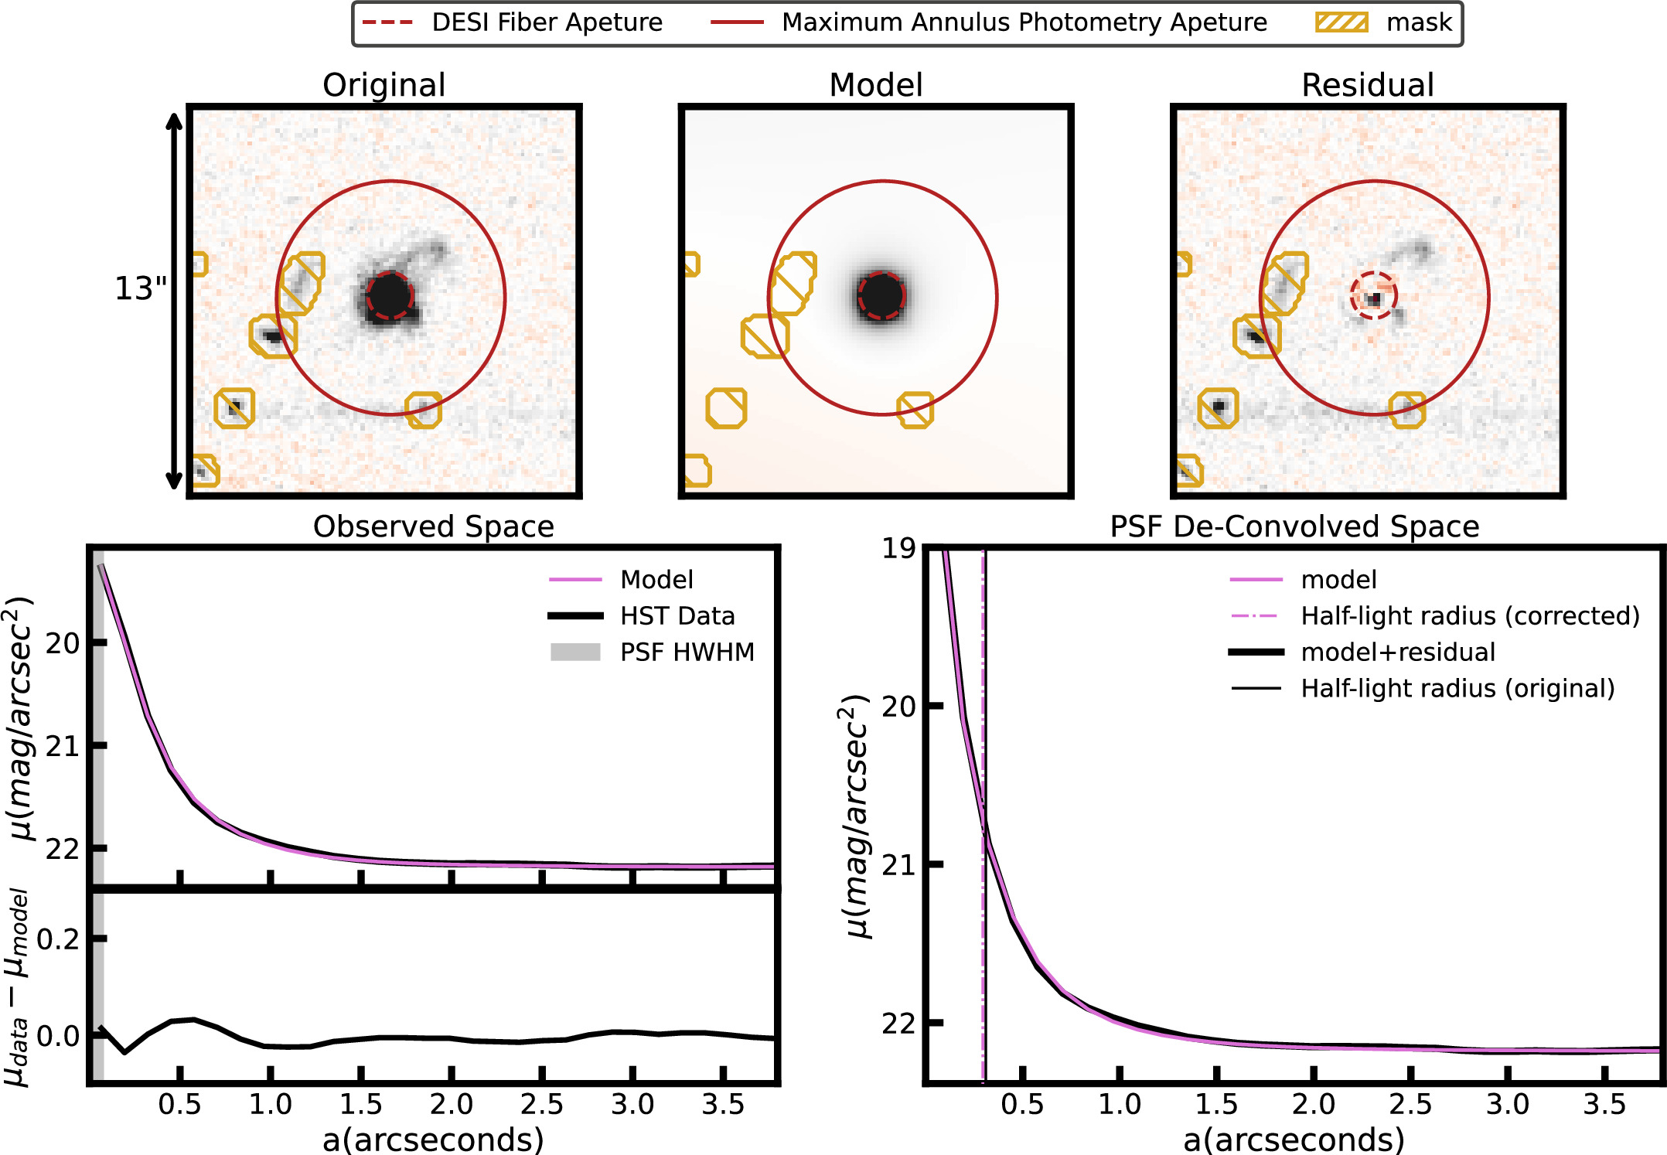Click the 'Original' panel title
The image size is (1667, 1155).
point(384,85)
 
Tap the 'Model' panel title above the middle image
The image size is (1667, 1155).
point(875,85)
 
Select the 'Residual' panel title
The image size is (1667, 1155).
point(1367,85)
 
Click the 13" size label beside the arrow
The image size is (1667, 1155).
point(140,288)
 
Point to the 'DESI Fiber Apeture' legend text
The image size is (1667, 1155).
point(547,22)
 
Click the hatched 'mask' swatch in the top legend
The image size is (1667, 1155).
point(1341,22)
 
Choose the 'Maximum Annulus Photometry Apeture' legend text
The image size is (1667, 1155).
point(1024,22)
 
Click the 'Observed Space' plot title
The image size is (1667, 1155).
point(433,526)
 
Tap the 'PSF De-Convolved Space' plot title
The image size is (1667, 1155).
point(1294,526)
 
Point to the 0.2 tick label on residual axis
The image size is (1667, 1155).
point(58,939)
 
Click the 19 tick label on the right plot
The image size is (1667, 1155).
point(898,549)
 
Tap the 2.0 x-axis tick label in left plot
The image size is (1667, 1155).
point(451,1105)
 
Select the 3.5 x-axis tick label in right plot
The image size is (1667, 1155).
point(1604,1105)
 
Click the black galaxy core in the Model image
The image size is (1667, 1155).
point(881,295)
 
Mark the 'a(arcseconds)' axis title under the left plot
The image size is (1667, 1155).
point(433,1140)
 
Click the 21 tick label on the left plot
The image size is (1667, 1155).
point(62,746)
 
